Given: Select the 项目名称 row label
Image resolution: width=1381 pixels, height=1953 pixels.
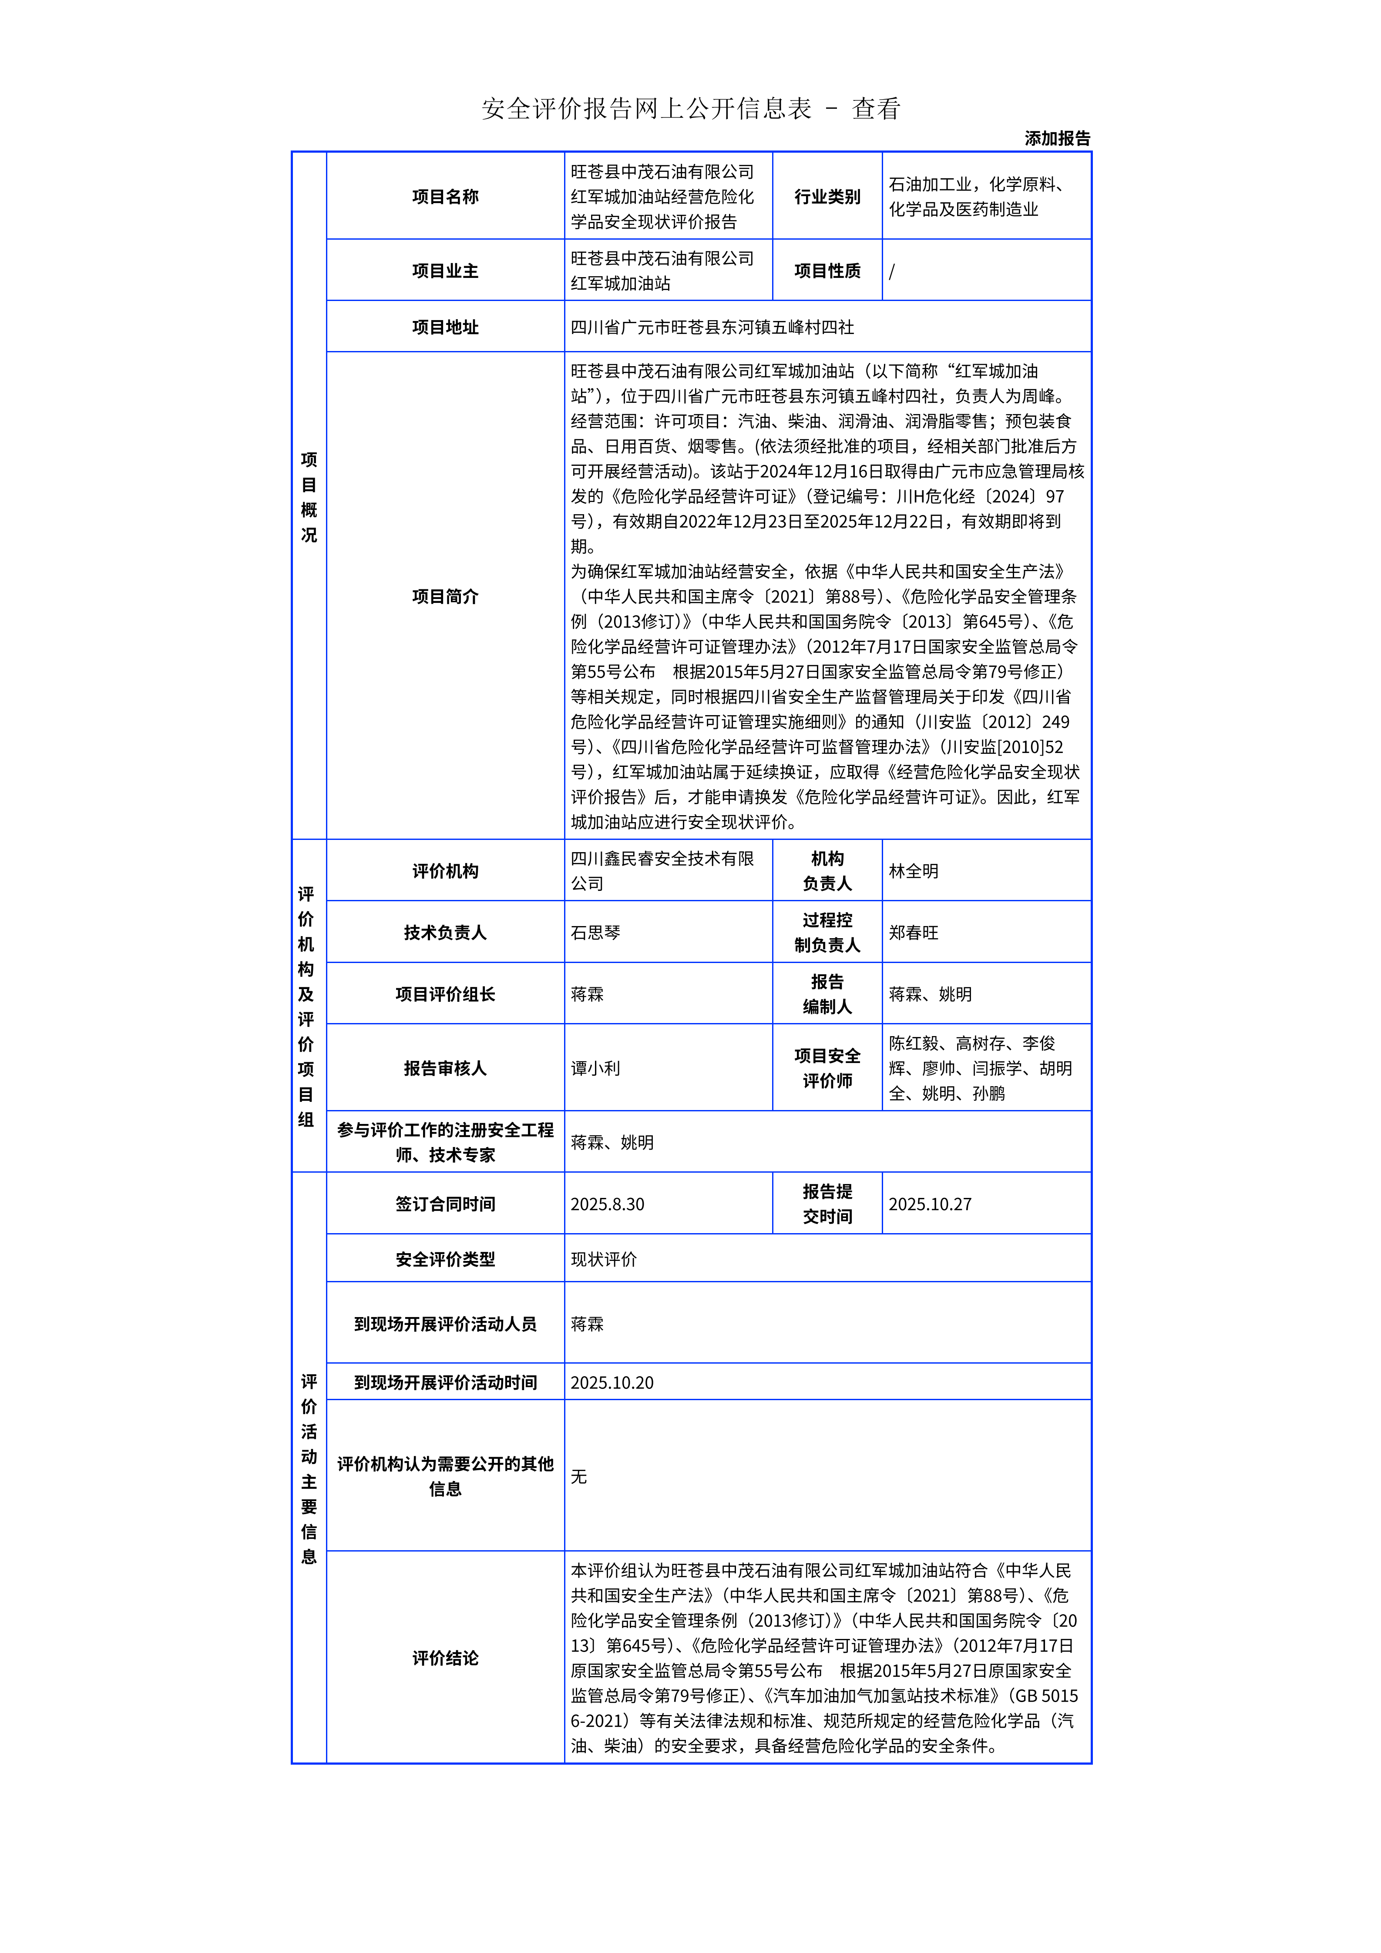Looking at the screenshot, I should (x=445, y=197).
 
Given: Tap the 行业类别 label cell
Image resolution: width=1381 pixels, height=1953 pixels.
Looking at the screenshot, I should (x=827, y=197).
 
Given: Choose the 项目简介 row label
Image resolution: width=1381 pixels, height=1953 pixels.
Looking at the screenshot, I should (x=445, y=596).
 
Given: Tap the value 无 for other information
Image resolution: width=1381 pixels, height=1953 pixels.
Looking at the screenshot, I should (x=578, y=1477).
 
